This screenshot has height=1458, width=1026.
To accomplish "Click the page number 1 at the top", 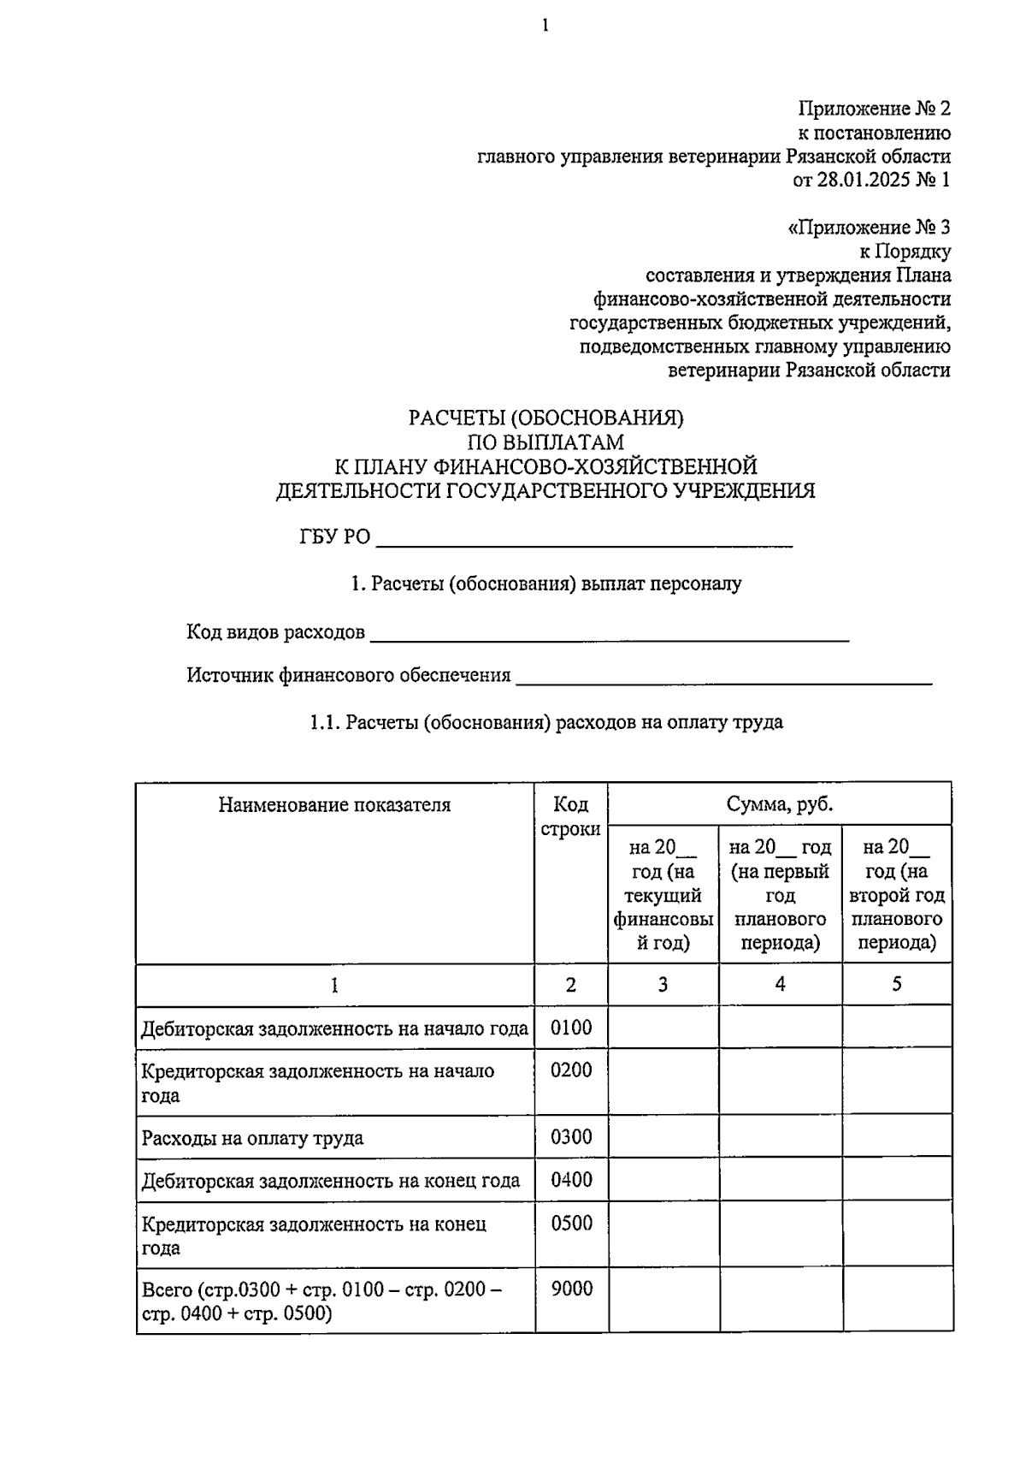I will pos(545,27).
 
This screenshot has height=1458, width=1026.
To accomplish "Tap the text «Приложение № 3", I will pos(868,228).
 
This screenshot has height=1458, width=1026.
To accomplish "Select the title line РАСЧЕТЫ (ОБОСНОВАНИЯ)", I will pos(545,418).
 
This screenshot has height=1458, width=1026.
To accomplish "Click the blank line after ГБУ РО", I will pos(584,539).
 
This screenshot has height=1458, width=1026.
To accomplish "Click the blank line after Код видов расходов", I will pos(609,634).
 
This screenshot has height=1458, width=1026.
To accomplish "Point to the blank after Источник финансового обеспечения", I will pos(723,677).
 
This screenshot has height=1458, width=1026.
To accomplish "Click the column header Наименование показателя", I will pos(334,805).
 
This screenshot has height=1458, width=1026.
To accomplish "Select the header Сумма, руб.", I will pos(779,804).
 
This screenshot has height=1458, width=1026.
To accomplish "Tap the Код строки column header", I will pos(570,817).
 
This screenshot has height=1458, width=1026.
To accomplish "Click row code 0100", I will pos(571,1028).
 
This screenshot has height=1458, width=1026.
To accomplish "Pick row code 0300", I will pos(571,1138).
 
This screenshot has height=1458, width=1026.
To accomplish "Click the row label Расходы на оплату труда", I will pos(252,1139).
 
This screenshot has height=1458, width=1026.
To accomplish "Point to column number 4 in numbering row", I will pos(780,985).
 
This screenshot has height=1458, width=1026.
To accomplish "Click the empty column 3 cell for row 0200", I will pos(663,1082).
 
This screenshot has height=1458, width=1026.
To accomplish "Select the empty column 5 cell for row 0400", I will pos(897,1181).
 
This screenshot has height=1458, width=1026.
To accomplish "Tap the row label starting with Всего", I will pos(321,1301).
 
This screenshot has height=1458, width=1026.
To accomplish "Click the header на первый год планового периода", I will pos(780,895).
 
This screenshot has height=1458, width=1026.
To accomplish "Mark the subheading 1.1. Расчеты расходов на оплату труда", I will pos(545,722).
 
